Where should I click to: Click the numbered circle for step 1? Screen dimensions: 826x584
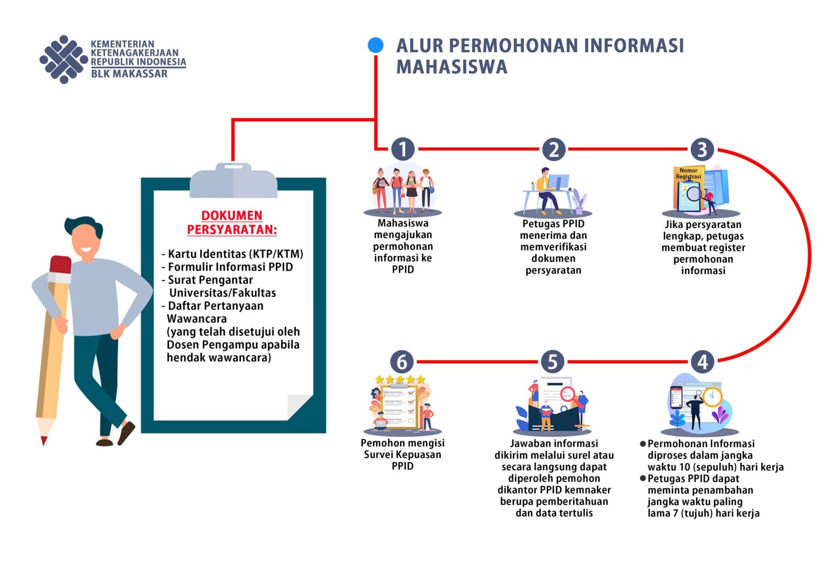pyautogui.click(x=403, y=149)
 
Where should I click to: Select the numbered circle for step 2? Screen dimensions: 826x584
pyautogui.click(x=553, y=149)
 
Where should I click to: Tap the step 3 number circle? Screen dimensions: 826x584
pyautogui.click(x=702, y=149)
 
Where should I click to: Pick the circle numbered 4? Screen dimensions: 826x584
pyautogui.click(x=702, y=362)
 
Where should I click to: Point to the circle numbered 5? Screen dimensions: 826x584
pyautogui.click(x=552, y=362)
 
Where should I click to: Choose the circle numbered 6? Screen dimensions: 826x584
pyautogui.click(x=402, y=362)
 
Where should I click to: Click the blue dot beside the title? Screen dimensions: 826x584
pyautogui.click(x=375, y=45)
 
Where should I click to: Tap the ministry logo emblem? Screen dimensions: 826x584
pyautogui.click(x=63, y=59)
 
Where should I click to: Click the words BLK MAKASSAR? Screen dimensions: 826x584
pyautogui.click(x=129, y=74)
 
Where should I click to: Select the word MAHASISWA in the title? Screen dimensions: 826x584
pyautogui.click(x=452, y=67)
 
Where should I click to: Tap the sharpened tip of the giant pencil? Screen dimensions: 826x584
pyautogui.click(x=44, y=441)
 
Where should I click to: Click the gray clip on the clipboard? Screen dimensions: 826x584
pyautogui.click(x=233, y=181)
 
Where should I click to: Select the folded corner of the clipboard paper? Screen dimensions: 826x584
pyautogui.click(x=300, y=407)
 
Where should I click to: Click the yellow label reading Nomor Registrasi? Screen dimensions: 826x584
pyautogui.click(x=688, y=174)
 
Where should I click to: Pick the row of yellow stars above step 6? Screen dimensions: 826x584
pyautogui.click(x=400, y=379)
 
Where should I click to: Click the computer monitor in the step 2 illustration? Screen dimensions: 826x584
pyautogui.click(x=558, y=182)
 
